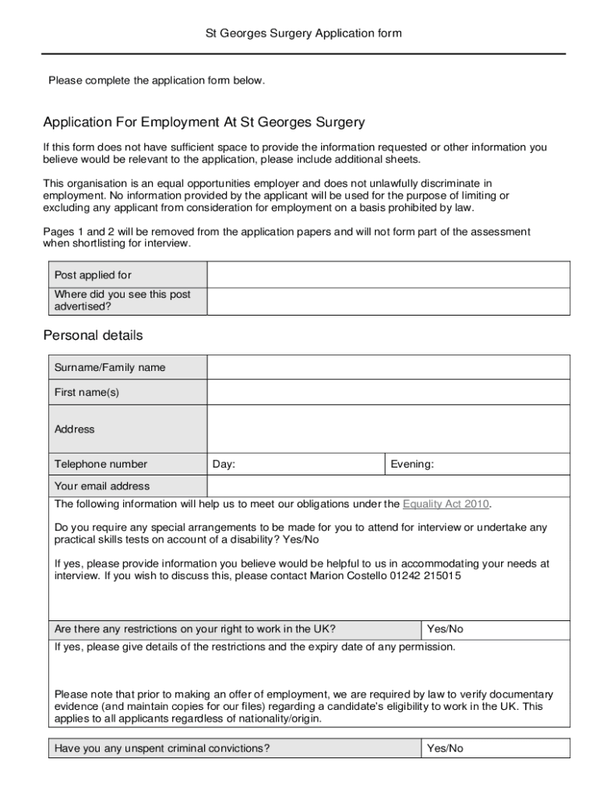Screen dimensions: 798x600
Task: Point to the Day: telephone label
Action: [x=224, y=464]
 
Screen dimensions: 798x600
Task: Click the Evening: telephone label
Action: [x=412, y=464]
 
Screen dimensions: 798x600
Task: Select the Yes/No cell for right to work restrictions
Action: [x=445, y=629]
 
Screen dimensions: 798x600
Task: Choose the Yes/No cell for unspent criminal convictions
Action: [x=445, y=749]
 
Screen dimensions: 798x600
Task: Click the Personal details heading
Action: [x=93, y=336]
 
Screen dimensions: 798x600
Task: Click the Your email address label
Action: [x=102, y=486]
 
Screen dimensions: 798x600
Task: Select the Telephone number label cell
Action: [x=101, y=464]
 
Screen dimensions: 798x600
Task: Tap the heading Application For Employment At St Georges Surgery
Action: [x=203, y=123]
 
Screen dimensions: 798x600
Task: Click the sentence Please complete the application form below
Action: [x=157, y=80]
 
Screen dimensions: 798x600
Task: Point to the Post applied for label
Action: [x=93, y=275]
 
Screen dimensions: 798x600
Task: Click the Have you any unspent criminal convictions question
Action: [x=162, y=749]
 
